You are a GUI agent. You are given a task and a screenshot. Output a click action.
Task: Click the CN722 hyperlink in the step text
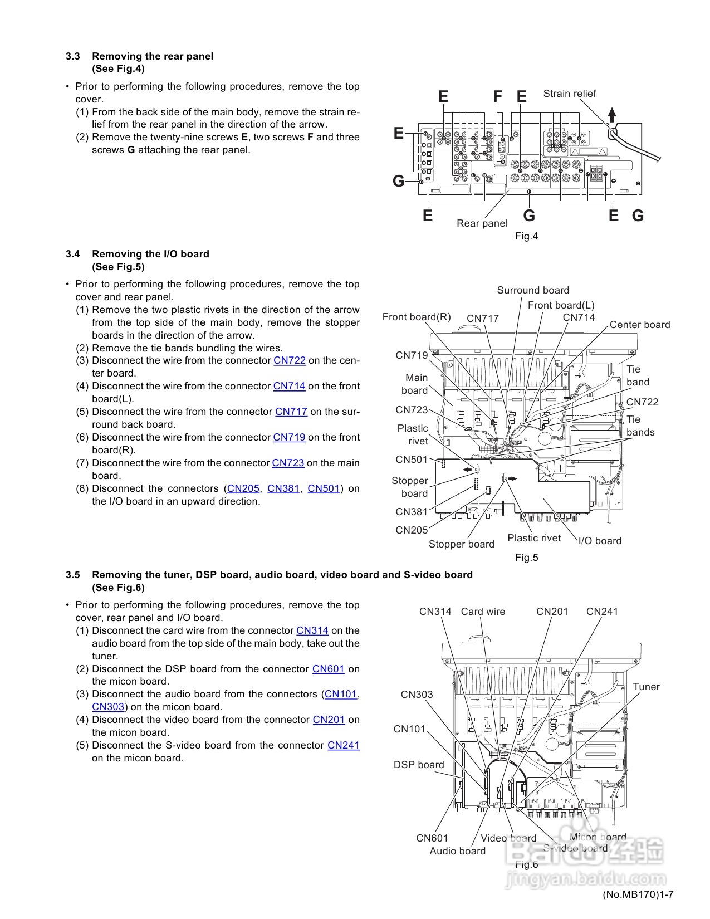click(x=290, y=360)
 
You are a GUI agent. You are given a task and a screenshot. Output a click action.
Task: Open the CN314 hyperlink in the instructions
click(x=312, y=630)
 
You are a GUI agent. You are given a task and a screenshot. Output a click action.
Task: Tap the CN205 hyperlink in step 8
click(x=243, y=488)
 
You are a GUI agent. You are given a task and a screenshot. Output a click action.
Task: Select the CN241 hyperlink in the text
click(x=344, y=745)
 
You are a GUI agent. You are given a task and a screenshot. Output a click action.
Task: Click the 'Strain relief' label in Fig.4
click(x=569, y=94)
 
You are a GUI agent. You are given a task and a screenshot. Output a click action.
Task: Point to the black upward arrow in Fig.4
click(x=612, y=115)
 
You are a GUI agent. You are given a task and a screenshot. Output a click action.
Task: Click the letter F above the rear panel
click(x=498, y=97)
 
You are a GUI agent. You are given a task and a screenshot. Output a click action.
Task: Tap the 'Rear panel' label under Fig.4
click(x=482, y=223)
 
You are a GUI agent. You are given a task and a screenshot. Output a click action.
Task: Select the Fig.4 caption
click(x=526, y=236)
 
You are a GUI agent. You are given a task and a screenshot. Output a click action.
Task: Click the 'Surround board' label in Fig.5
click(x=533, y=290)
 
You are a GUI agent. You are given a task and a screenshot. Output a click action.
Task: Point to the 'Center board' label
click(x=640, y=325)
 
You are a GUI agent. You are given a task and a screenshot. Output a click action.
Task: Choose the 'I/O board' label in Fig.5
click(x=600, y=541)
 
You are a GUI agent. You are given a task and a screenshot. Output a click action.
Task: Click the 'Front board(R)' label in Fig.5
click(x=417, y=317)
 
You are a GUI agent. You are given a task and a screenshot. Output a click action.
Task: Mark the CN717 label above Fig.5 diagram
click(x=483, y=319)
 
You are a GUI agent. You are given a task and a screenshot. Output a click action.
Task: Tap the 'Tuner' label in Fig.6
click(x=646, y=687)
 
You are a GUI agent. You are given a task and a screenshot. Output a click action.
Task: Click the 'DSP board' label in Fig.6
click(x=419, y=765)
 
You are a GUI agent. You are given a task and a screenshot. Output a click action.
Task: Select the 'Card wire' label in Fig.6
click(x=483, y=612)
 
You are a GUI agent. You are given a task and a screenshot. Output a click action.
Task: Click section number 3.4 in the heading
click(x=73, y=254)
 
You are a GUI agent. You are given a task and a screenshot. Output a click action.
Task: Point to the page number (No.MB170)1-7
click(x=638, y=894)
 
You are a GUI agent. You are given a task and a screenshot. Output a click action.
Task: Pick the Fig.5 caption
click(x=526, y=558)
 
